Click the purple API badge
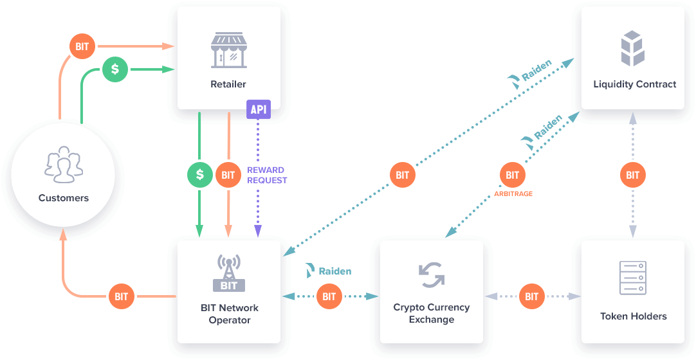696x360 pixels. point(259,109)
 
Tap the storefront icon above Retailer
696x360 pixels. point(228,50)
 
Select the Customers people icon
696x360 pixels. point(64,165)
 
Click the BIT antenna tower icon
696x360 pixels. point(228,273)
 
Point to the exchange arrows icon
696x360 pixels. point(432,275)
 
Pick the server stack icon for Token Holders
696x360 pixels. point(632,278)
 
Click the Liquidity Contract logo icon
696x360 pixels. point(632,48)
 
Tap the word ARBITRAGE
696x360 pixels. point(513,194)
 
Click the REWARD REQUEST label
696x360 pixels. point(267,175)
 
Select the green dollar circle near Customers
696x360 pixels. point(115,69)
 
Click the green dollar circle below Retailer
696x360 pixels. point(200,175)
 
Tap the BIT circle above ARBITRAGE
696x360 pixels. point(512,175)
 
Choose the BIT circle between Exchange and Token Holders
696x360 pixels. point(531,296)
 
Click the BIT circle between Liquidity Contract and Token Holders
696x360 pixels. point(632,175)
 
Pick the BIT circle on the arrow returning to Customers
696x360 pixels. point(121,296)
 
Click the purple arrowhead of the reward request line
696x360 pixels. point(258,231)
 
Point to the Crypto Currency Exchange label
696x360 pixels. point(432,314)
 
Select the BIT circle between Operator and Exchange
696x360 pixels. point(329,296)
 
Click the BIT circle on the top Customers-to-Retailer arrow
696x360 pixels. point(82,46)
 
